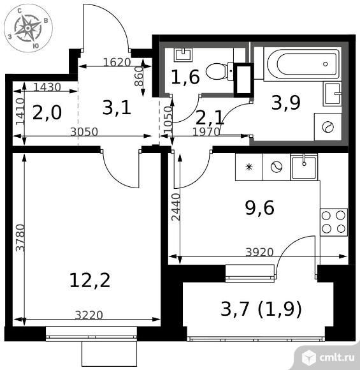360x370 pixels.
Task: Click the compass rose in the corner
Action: coord(28,28)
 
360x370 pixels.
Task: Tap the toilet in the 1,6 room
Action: coord(219,71)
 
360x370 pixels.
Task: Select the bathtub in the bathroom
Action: coord(303,64)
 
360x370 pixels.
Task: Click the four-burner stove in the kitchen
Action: coord(334,222)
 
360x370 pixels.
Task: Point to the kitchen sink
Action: coord(304,167)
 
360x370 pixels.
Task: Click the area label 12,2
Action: coord(90,280)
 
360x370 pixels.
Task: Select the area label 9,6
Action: coord(260,208)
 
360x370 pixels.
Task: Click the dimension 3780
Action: coord(20,237)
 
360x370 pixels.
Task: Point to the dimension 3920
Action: coord(259,252)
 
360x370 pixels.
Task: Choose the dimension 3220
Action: coord(89,315)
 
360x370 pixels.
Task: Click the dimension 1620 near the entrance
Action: coord(117,62)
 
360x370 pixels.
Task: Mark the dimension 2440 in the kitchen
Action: coord(175,207)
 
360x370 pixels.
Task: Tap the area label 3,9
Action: coord(285,103)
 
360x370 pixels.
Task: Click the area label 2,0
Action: coord(47,112)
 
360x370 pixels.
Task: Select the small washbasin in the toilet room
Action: coord(183,55)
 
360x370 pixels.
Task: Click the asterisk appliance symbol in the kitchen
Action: coord(248,167)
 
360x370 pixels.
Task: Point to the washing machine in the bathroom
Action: coord(328,127)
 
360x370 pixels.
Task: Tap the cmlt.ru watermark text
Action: coord(337,357)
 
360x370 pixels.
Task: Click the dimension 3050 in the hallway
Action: coord(84,132)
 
